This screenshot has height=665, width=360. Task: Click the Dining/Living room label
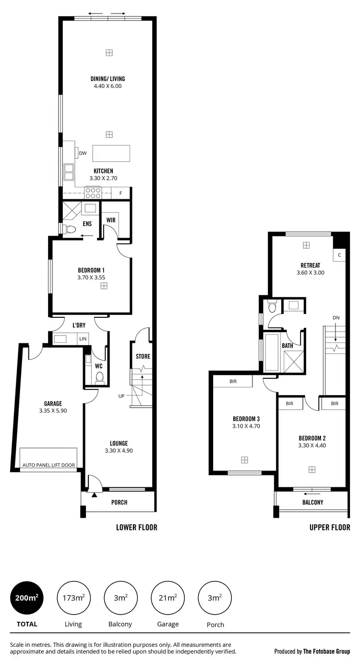[x=108, y=79]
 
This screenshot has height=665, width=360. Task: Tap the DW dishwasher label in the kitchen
[x=83, y=153]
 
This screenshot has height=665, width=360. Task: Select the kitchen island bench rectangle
[x=111, y=153]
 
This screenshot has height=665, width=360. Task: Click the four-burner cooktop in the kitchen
[x=93, y=193]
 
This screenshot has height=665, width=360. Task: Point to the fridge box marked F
[x=120, y=193]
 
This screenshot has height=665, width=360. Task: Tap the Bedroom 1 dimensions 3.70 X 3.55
[x=91, y=277]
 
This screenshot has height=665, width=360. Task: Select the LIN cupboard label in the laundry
[x=84, y=339]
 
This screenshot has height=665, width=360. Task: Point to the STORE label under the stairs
[x=143, y=356]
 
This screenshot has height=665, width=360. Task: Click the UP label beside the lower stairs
[x=122, y=396]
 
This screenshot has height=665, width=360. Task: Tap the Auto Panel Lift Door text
[x=49, y=465]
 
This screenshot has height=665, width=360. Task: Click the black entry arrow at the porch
[x=95, y=494]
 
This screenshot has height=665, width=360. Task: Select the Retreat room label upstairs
[x=310, y=265]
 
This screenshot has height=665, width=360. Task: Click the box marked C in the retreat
[x=339, y=255]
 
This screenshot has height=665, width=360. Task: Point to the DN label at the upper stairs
[x=336, y=317]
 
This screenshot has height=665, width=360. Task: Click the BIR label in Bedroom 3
[x=233, y=381]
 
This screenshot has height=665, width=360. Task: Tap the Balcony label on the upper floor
[x=312, y=502]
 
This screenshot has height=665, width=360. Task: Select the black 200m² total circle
[x=27, y=598]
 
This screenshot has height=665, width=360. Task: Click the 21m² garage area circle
[x=168, y=598]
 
